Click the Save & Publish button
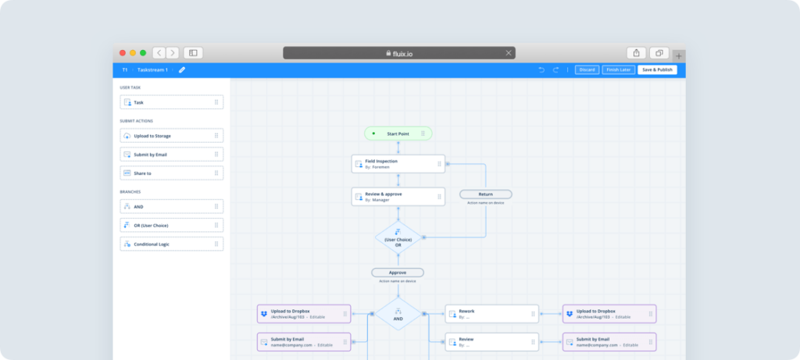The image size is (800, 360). tap(657, 70)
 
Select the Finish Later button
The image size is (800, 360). tap(618, 70)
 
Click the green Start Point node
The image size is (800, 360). tap(398, 134)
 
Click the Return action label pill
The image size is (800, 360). tap(485, 194)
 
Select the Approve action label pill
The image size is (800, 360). tap(398, 273)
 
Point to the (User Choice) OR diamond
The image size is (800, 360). tap(398, 237)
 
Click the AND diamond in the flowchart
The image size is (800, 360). tap(398, 314)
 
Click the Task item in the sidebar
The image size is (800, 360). tap(172, 102)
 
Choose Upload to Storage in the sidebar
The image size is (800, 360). tap(172, 136)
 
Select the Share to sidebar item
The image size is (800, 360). tap(172, 173)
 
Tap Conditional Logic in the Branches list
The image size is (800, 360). tap(172, 244)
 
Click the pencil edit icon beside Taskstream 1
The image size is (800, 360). tap(182, 70)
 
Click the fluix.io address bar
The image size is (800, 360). tap(398, 53)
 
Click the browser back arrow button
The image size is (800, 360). tap(159, 53)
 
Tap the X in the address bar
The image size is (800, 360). tap(509, 53)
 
